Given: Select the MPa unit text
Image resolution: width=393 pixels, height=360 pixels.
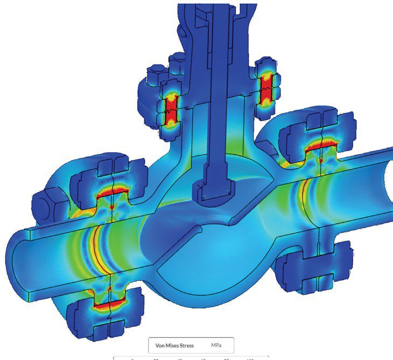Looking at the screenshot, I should click(x=217, y=345).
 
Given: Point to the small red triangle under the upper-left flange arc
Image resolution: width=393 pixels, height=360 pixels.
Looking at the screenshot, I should click(x=111, y=207).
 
